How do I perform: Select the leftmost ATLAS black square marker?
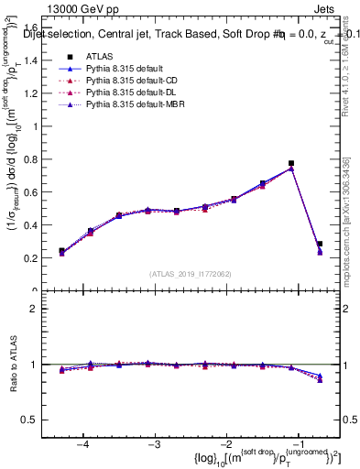(x=61, y=250)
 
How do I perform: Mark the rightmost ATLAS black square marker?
(x=320, y=244)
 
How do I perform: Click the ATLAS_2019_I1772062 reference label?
(x=191, y=274)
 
